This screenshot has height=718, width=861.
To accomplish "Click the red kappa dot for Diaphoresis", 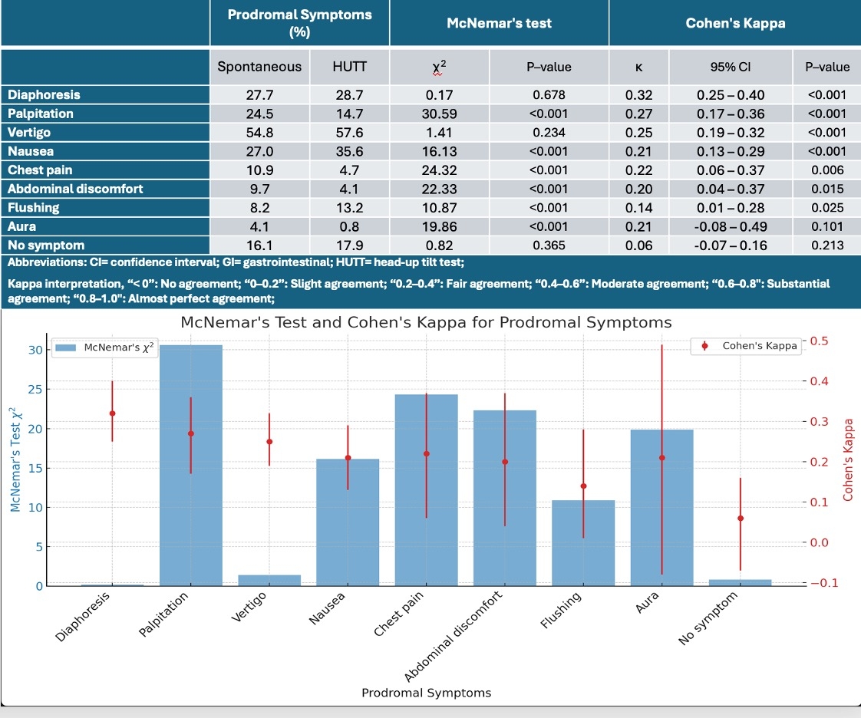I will pos(112,413).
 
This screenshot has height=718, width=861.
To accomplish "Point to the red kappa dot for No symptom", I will pos(741,519).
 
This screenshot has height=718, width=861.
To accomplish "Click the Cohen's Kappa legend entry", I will pos(750,346).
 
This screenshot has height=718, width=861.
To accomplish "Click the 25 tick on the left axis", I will pos(35,389).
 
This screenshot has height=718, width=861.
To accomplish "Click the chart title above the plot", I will pos(426,322).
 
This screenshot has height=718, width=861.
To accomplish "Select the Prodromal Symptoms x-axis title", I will pos(426,693).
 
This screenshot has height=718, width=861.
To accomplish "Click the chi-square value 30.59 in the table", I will pos(439,114).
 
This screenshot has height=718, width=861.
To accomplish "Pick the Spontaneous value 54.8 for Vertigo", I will pos(259,132).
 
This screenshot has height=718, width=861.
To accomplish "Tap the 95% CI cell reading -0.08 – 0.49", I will pos(730,226).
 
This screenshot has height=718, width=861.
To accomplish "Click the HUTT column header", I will pos(349,67).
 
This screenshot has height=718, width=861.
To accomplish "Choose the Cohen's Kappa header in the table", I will pos(734,23).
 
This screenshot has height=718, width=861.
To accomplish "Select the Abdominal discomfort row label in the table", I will pos(75,189).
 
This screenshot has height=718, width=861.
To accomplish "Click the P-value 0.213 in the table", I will pos(826,245).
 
